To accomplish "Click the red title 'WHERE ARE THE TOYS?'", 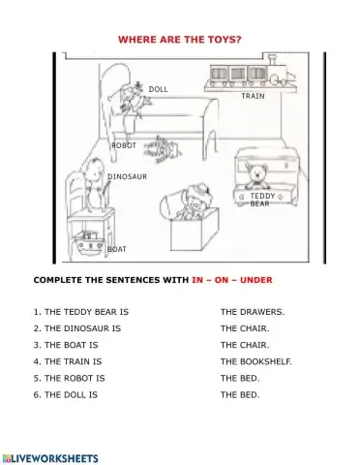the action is pos(180,40).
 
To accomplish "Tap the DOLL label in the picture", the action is pos(158,89).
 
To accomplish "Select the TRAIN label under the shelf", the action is pos(253,96).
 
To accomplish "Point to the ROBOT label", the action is pos(124,145).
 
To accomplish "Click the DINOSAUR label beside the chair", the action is pos(127,176).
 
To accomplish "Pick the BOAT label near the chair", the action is pos(117,249).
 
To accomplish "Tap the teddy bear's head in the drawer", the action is pos(257,172).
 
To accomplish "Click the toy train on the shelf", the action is pos(251,73).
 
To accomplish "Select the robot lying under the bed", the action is pos(163,149).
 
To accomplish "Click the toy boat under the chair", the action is pos(88,242).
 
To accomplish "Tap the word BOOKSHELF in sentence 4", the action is pos(266,361).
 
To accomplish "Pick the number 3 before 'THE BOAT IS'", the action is pos(36,345).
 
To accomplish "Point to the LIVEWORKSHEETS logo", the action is pos(50,458).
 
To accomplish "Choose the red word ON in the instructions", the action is pos(222,280).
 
